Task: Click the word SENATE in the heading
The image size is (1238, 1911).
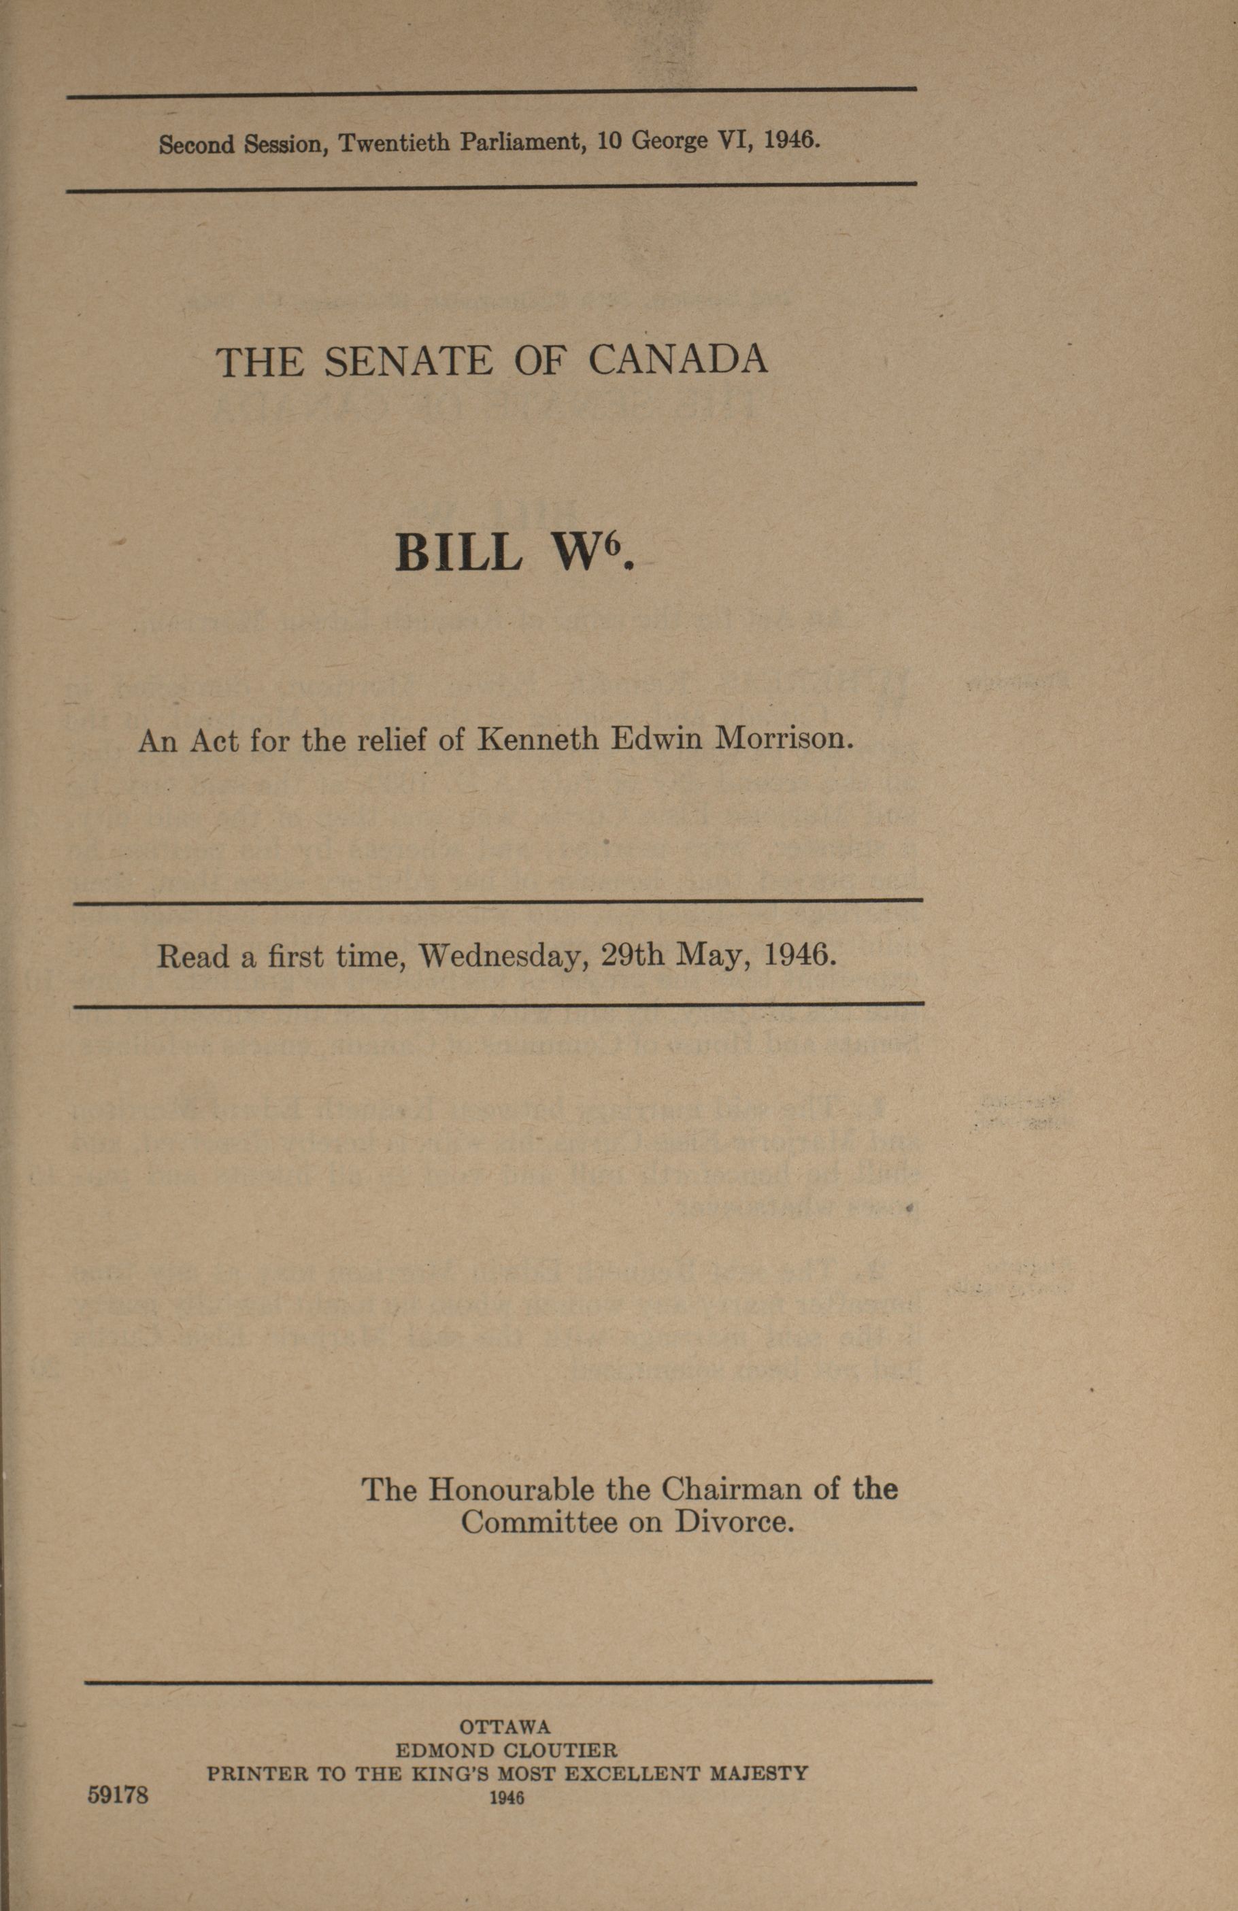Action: (x=408, y=361)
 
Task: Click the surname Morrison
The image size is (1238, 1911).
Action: (x=783, y=738)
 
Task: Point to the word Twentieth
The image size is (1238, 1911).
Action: (x=395, y=143)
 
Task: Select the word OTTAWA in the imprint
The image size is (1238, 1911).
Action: (x=505, y=1727)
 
